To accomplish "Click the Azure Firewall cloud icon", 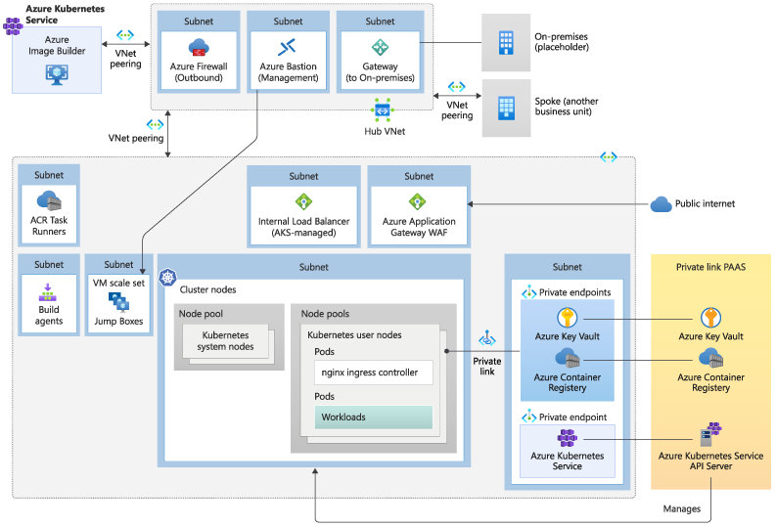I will coord(200,47).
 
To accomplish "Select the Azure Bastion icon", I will coord(287,47).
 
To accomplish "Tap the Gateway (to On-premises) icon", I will coord(380,47).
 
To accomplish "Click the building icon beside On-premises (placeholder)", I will coord(506,41).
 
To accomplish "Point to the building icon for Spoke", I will coord(506,107).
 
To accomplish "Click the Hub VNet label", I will coord(384,130).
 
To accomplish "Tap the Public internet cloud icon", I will coord(662,204).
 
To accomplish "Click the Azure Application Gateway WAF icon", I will coord(418,202).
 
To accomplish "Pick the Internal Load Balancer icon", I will coord(303,202).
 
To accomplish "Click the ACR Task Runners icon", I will coord(49,201).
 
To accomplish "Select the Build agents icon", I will coord(49,291).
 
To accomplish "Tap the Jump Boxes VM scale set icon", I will coord(118,300).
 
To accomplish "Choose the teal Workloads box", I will coord(371,417).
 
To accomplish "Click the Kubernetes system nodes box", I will coord(226,341).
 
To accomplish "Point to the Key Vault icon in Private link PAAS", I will coord(710,317).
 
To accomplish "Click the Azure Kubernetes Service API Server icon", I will coord(709,434).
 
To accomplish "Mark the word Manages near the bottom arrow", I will coord(682,509).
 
